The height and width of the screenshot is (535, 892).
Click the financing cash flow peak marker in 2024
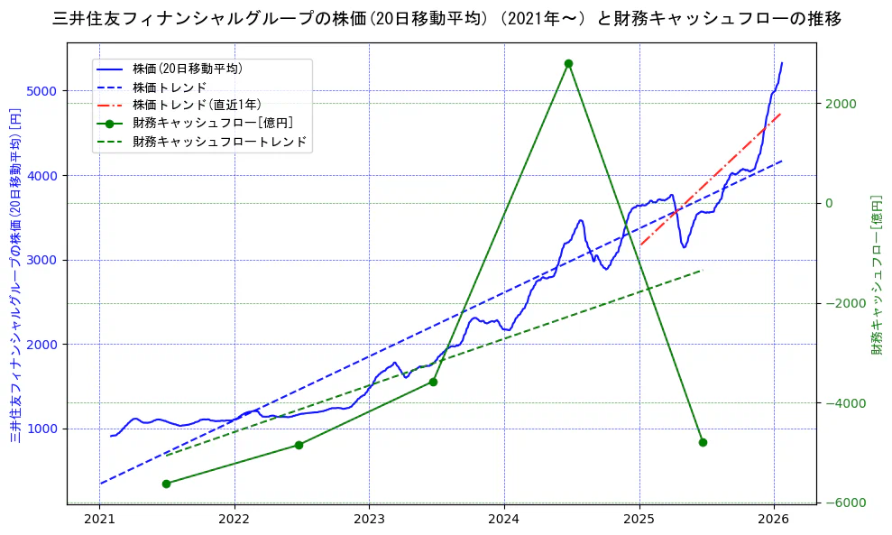tap(568, 63)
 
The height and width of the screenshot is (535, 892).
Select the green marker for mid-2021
tap(166, 484)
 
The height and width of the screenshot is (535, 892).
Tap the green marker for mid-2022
tap(299, 445)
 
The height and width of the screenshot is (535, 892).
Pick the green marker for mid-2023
tap(433, 382)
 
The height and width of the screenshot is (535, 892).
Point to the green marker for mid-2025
tap(703, 442)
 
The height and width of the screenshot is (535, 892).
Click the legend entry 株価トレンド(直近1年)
tap(198, 105)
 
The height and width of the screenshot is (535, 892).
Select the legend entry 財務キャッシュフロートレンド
tap(219, 142)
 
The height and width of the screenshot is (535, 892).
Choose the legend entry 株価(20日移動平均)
tap(187, 68)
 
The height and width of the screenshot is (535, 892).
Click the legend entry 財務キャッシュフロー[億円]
tap(212, 123)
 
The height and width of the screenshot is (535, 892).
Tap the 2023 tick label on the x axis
tap(369, 520)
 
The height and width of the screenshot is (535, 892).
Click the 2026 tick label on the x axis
tap(774, 520)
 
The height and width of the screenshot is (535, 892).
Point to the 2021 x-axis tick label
tap(99, 520)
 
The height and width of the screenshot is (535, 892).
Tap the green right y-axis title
tap(876, 275)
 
